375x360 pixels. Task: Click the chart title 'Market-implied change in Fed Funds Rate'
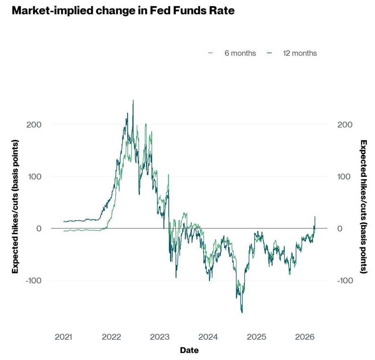123,10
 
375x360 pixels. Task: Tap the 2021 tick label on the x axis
63,337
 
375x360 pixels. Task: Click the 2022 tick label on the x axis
112,337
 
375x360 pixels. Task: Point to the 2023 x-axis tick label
160,337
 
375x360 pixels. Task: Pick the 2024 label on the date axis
208,337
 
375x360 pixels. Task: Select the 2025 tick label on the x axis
256,337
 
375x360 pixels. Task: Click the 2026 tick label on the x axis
305,337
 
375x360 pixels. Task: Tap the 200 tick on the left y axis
33,124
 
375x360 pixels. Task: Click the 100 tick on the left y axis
33,176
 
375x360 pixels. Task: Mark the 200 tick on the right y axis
345,124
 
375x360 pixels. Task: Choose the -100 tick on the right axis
345,280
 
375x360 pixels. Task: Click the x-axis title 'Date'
189,351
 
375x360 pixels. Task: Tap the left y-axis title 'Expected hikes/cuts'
15,207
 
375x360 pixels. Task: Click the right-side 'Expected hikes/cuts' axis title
363,207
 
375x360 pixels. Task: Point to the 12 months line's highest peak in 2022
133,100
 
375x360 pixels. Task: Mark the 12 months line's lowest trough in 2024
242,313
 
